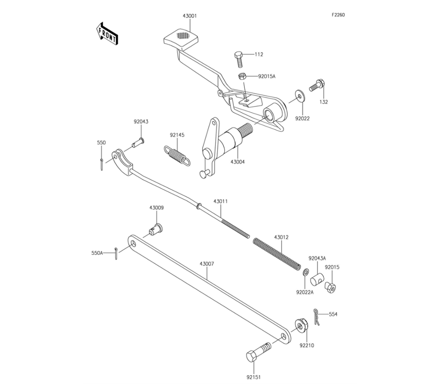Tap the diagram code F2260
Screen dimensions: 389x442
point(338,15)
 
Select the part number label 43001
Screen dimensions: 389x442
point(190,16)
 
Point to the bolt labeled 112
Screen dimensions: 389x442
point(239,58)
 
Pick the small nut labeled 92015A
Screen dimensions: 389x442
point(243,76)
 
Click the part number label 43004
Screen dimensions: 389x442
point(237,162)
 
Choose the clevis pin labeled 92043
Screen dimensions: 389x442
point(138,143)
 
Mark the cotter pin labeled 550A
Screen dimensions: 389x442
point(115,254)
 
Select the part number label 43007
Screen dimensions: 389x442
point(207,264)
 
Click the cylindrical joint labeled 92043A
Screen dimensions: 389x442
point(317,280)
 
